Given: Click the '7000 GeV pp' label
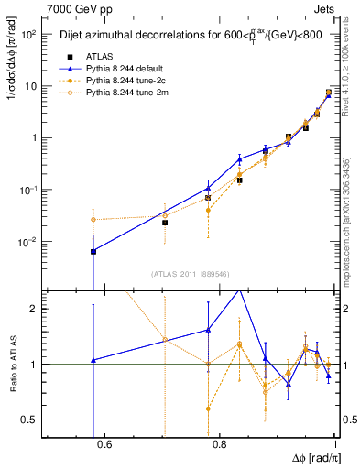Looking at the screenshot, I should click(x=74, y=7).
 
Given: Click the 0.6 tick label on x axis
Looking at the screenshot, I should click(x=104, y=445).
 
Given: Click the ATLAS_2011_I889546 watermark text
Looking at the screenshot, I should click(x=189, y=273).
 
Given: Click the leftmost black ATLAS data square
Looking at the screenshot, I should click(x=93, y=251).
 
